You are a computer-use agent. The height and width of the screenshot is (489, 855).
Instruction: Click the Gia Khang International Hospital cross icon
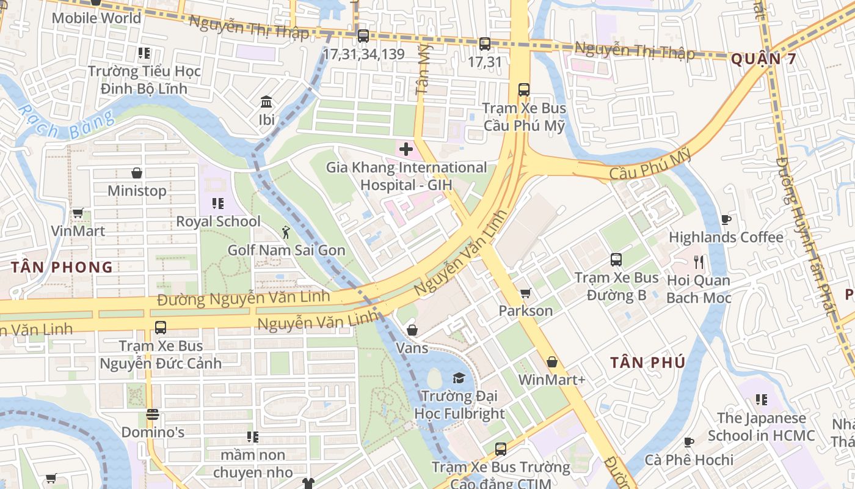click(x=406, y=149)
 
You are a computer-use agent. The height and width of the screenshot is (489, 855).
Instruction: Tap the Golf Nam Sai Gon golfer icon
click(x=286, y=232)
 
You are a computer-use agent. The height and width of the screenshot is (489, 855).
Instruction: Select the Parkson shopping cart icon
click(x=525, y=293)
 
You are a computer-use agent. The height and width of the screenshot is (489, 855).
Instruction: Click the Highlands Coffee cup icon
click(x=726, y=219)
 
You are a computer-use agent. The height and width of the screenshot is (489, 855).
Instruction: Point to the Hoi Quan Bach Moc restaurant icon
click(x=699, y=262)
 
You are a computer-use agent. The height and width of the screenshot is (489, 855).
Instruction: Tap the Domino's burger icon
click(x=153, y=415)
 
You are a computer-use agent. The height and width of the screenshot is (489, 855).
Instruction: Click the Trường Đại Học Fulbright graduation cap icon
click(x=459, y=378)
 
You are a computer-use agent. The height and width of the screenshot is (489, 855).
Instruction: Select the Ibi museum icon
click(x=266, y=101)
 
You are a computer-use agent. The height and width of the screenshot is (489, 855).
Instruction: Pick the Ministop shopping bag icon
click(x=137, y=173)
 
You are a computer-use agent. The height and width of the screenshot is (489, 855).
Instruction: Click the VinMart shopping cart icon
click(x=78, y=213)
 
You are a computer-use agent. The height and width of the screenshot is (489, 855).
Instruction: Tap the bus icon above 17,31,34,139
click(x=363, y=36)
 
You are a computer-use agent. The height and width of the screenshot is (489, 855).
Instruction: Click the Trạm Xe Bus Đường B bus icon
click(x=616, y=260)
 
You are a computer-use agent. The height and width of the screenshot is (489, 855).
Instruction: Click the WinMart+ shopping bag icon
click(x=552, y=362)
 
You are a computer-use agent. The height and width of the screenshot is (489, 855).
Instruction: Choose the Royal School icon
click(x=218, y=203)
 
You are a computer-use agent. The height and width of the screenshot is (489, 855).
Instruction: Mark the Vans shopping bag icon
click(x=413, y=330)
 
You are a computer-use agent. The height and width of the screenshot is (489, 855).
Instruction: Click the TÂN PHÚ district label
click(x=647, y=362)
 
